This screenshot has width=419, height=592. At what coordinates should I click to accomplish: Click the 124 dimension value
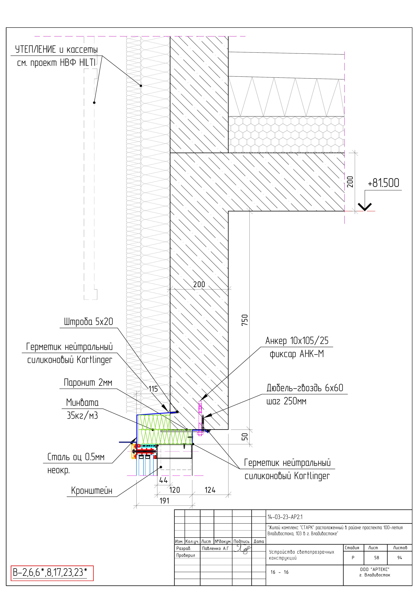[210, 490]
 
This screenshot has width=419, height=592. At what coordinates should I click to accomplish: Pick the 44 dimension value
[163, 480]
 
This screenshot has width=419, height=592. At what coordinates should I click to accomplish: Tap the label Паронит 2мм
[88, 382]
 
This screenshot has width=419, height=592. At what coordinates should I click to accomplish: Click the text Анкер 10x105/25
[297, 341]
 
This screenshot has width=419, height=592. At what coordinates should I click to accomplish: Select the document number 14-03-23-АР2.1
[285, 517]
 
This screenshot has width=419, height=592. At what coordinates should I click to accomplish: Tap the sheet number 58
[377, 558]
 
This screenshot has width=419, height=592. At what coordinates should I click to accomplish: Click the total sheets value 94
[400, 558]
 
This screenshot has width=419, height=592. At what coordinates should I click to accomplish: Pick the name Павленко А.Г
[216, 548]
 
